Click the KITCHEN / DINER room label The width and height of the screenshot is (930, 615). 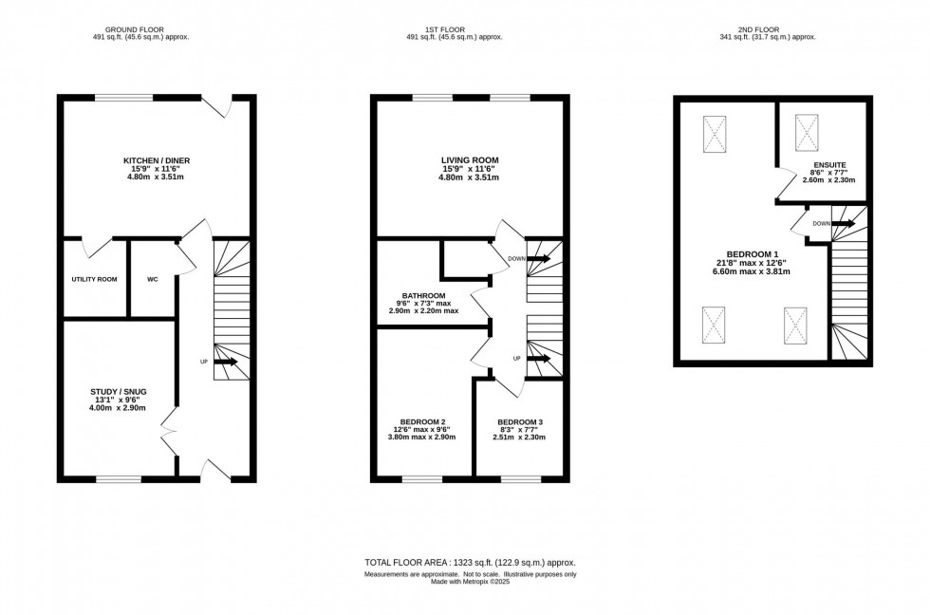158,159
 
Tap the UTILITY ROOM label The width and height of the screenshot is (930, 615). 94,280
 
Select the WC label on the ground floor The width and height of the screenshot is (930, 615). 153,280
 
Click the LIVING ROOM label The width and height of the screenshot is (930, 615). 469,159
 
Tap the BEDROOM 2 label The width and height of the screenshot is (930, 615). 423,421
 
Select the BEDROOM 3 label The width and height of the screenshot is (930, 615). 520,421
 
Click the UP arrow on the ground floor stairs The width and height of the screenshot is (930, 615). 226,362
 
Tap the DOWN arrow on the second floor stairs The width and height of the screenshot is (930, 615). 844,224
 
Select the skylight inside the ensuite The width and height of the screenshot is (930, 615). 806,132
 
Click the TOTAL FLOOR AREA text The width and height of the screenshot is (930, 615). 471,563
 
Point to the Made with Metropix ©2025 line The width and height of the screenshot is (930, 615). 471,582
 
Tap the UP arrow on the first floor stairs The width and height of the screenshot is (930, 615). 541,359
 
